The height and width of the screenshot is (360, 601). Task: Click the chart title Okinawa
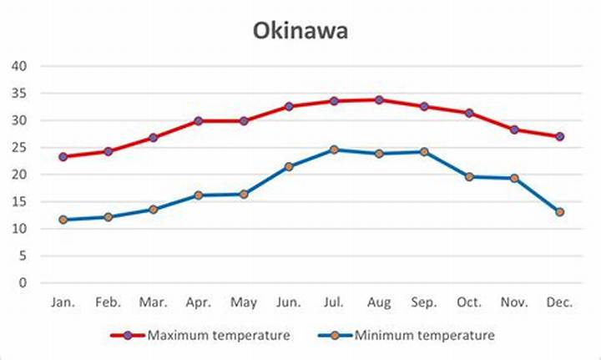click(x=300, y=31)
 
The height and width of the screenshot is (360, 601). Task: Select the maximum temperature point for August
click(x=379, y=100)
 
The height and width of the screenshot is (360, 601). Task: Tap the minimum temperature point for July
click(x=334, y=150)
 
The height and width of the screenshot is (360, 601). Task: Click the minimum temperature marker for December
click(x=559, y=212)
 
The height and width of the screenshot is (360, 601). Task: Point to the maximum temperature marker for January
click(x=63, y=157)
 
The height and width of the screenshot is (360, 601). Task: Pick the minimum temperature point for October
click(x=469, y=177)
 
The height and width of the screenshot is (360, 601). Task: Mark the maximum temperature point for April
click(x=198, y=121)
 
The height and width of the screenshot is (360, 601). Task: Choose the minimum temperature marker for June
click(x=289, y=167)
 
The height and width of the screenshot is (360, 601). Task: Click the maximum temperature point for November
click(x=514, y=130)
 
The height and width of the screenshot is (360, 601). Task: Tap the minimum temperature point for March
click(x=154, y=210)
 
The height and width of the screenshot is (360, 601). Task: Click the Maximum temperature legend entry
click(x=200, y=336)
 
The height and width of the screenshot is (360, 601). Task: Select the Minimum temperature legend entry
click(x=407, y=336)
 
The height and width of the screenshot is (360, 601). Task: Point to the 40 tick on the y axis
click(x=19, y=66)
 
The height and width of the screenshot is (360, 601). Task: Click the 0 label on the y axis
click(x=23, y=283)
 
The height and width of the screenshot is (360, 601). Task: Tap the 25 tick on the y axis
click(x=19, y=147)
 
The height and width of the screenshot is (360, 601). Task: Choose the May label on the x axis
click(x=244, y=303)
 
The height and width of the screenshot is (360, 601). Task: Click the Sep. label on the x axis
click(x=424, y=303)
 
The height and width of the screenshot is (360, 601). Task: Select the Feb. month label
click(x=108, y=302)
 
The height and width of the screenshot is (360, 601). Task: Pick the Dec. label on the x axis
click(x=559, y=302)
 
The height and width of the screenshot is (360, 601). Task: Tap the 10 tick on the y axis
click(x=19, y=229)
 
